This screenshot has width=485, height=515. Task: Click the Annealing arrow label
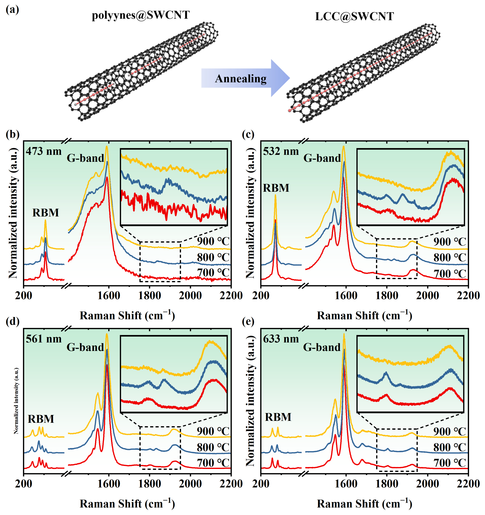(240, 78)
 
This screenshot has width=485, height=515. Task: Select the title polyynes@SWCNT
(141, 15)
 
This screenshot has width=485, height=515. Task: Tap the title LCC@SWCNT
(354, 16)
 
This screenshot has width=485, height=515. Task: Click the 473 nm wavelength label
(44, 151)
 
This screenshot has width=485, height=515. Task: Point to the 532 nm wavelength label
(281, 151)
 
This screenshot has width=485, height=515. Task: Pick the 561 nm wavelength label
(44, 339)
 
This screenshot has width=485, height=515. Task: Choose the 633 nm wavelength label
(281, 339)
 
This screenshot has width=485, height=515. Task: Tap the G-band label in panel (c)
(322, 158)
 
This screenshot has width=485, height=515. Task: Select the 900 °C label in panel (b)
(213, 241)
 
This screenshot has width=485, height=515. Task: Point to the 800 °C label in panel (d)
(213, 447)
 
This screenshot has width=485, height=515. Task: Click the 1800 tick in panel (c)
(387, 296)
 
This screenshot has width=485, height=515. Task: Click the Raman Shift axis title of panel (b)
(127, 316)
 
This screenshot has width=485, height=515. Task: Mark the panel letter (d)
(12, 321)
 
